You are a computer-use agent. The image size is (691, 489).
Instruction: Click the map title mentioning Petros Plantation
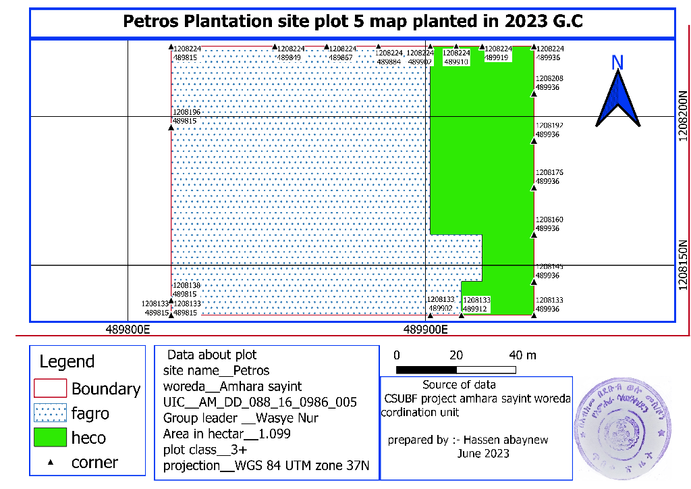coord(352,22)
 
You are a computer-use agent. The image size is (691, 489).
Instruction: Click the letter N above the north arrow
coord(617,62)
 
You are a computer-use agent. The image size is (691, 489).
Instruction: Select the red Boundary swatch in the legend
coord(50,388)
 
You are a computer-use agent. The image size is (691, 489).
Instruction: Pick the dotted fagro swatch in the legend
coord(50,412)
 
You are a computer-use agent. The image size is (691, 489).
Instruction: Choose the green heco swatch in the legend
coord(50,437)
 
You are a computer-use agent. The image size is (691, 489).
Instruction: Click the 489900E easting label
coord(426,330)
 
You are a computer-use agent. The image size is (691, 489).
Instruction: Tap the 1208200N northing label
coord(683,116)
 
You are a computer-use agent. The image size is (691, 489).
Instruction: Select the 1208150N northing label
coord(683,265)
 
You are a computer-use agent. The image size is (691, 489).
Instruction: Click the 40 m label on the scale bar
coord(523,355)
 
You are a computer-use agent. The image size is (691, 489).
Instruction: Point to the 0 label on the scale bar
coord(397,355)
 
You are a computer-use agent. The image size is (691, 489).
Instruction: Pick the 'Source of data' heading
coord(458,384)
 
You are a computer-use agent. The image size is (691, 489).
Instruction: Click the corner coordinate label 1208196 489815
coord(186,116)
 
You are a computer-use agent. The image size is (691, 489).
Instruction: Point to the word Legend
coord(67,361)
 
